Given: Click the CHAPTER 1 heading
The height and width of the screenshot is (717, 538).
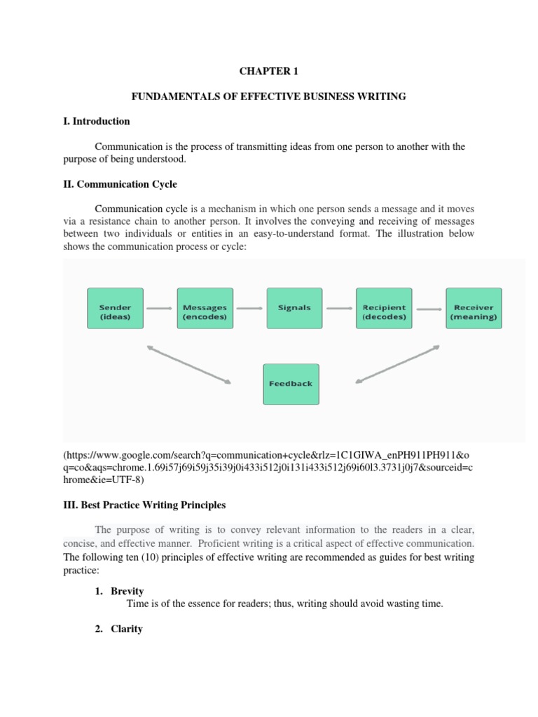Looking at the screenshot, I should point(268,71).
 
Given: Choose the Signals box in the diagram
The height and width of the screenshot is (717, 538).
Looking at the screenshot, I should point(294,308).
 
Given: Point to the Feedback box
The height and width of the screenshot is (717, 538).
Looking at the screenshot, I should point(291,384).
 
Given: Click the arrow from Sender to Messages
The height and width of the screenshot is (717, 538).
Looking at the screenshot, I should point(160,308).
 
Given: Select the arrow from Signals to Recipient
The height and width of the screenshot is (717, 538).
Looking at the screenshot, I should point(339,308).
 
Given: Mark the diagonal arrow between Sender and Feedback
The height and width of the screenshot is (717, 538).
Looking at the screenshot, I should point(188,364).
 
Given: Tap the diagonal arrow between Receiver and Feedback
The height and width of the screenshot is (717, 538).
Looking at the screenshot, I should point(398,364).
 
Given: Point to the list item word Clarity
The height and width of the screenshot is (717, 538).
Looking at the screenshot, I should point(127,609).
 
